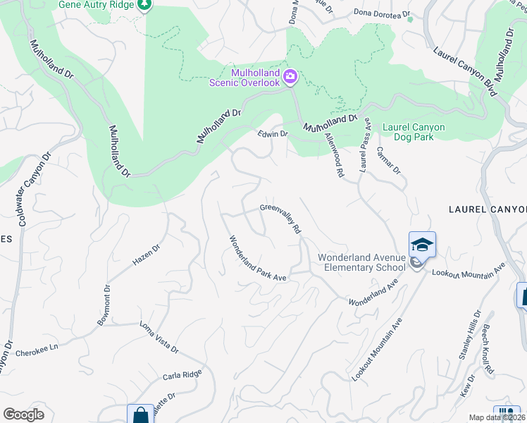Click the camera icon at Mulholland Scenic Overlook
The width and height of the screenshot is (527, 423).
pyautogui.click(x=290, y=76)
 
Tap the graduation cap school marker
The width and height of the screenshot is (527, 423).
pyautogui.click(x=422, y=245)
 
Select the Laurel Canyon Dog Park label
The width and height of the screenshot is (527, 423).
pyautogui.click(x=414, y=132)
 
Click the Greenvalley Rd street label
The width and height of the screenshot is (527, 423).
pyautogui.click(x=280, y=219)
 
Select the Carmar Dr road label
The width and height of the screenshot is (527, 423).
pyautogui.click(x=388, y=160)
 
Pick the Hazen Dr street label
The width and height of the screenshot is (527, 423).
pyautogui.click(x=147, y=255)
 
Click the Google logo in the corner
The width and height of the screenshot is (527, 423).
pyautogui.click(x=23, y=414)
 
